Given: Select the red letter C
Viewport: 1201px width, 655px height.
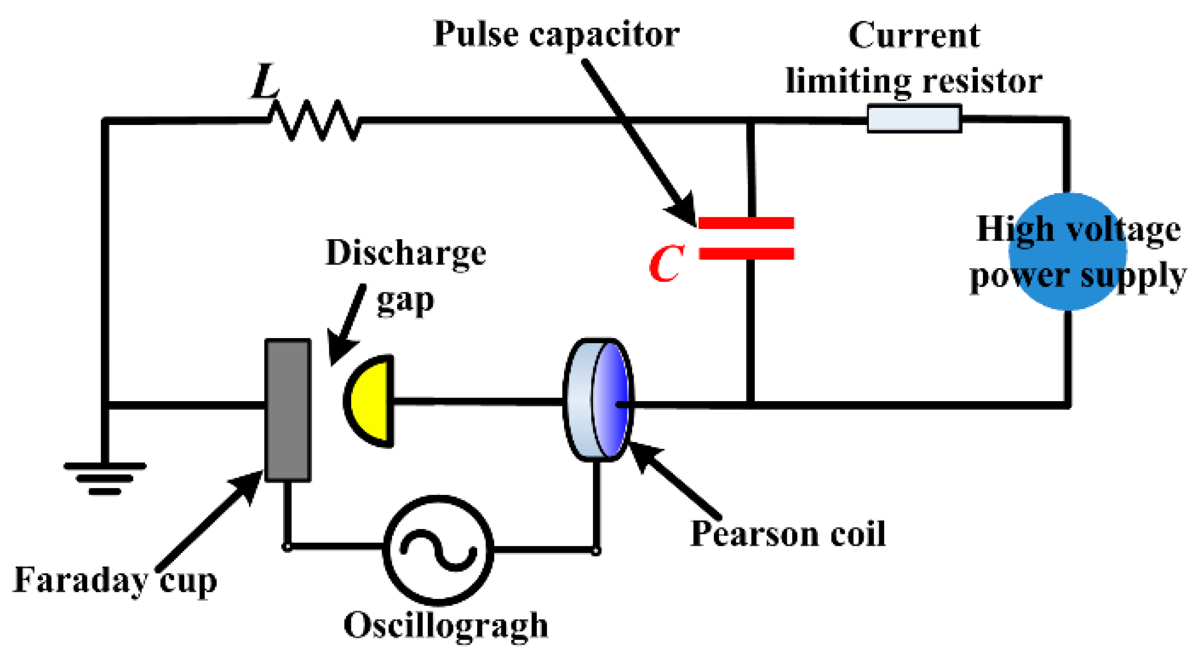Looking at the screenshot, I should pos(666,264).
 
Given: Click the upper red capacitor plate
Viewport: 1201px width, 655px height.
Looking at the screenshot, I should pos(746,223).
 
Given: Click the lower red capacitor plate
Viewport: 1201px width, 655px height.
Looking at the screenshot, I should pos(746,253).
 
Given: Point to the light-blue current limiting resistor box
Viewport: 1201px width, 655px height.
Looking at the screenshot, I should pos(914,119).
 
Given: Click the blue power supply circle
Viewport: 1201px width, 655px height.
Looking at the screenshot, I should pos(1068,252).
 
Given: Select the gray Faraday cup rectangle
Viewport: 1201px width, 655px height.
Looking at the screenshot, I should pos(288,410).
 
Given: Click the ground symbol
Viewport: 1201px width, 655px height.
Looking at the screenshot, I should pos(105,478).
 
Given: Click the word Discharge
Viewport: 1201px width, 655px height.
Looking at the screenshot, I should pos(405,253).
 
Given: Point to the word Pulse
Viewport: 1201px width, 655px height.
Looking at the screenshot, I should pos(475,35).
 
